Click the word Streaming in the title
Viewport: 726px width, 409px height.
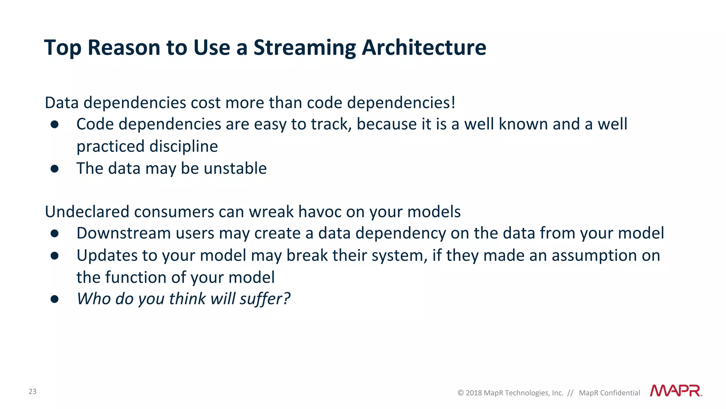tap(305, 48)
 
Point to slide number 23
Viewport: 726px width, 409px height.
tap(32, 391)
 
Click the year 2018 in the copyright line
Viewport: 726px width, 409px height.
tap(474, 393)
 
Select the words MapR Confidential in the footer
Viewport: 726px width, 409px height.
tap(609, 393)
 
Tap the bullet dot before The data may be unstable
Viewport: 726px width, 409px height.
tap(54, 169)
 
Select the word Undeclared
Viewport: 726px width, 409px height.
tap(87, 212)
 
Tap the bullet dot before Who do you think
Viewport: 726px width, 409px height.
tap(54, 299)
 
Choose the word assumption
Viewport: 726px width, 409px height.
tap(594, 256)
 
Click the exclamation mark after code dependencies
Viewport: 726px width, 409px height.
tap(453, 102)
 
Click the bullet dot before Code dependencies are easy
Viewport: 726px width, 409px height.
tap(54, 124)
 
